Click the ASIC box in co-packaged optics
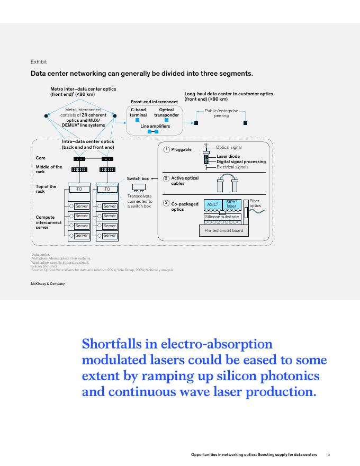tap(212, 204)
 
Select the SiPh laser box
tap(231, 204)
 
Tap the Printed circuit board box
tap(223, 230)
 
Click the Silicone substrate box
tap(222, 217)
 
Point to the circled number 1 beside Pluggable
tap(166, 149)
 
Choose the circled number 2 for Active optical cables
tap(166, 178)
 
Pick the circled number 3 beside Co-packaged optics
tap(166, 203)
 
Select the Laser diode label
tap(228, 157)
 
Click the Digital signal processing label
tap(241, 162)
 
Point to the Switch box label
tap(138, 179)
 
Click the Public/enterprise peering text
tap(221, 113)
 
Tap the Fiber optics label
tap(255, 203)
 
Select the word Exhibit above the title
tap(38, 62)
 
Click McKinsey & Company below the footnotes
tap(48, 284)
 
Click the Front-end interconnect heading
tap(154, 101)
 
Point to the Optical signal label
tap(229, 147)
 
